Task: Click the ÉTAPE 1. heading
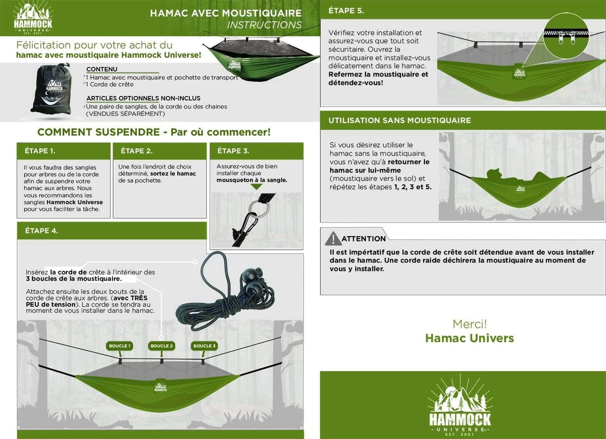tap(40, 151)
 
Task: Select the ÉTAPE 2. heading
tap(136, 151)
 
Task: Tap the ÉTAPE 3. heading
tap(232, 151)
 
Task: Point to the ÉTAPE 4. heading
tap(41, 231)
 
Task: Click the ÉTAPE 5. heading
tap(346, 10)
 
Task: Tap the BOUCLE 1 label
tap(120, 346)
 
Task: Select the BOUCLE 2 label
tap(162, 346)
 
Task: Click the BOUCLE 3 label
tap(205, 346)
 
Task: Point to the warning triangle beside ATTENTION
tap(333, 238)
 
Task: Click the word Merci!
tap(469, 324)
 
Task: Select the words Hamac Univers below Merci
tap(469, 338)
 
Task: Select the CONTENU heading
tap(102, 69)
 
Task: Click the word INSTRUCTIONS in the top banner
tap(264, 25)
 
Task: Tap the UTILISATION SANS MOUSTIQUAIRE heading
tap(399, 121)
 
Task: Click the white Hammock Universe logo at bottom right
tap(460, 406)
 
